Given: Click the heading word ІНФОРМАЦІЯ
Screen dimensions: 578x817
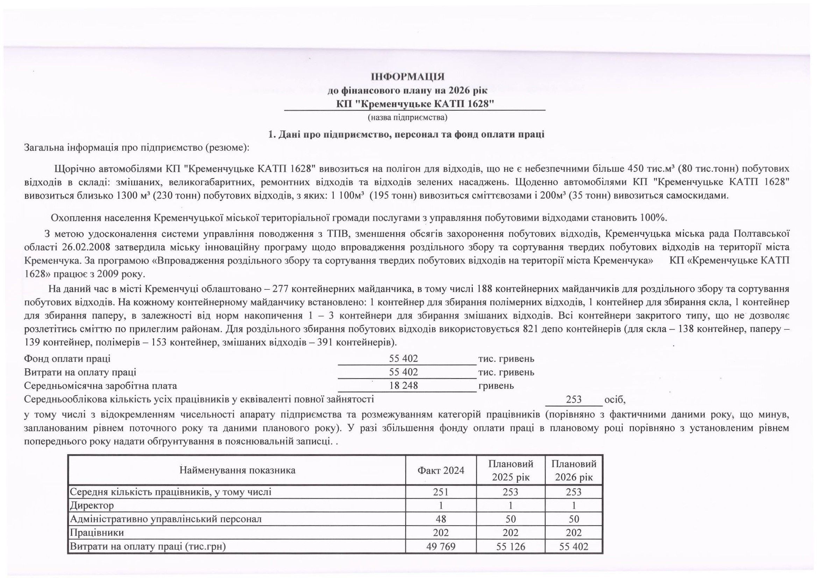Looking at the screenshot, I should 407,77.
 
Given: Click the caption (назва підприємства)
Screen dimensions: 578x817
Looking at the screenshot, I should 407,117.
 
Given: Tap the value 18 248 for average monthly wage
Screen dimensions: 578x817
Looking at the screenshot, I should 404,386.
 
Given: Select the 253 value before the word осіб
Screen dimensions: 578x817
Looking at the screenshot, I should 574,399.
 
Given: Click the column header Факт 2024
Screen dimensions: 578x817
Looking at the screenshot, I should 441,471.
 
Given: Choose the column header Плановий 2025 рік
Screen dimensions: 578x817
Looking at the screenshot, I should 510,471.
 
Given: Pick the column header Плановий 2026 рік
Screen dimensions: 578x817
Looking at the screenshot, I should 574,471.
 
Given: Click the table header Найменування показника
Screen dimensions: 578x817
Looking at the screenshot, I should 237,471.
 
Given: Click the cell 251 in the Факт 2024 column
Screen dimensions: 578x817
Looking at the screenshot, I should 441,492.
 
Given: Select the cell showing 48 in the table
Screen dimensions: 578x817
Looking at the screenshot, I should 441,519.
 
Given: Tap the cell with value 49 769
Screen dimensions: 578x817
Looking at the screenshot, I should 441,546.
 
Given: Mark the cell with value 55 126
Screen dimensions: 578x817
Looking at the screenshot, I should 510,546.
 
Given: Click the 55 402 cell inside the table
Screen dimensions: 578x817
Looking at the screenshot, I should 574,546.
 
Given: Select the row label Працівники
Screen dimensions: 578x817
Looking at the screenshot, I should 97,533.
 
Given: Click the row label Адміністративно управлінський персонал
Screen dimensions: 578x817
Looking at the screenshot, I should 166,519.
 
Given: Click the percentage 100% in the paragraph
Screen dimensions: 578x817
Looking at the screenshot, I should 653,218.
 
